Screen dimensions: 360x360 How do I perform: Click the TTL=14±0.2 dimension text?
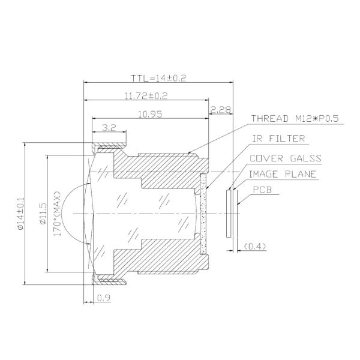coord(160,78)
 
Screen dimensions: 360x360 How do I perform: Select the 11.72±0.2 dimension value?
coord(145,95)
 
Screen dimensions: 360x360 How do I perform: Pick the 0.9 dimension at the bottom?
coord(104,298)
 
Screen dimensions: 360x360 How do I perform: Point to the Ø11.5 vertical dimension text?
coord(43,214)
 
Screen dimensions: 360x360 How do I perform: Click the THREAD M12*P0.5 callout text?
coord(295,119)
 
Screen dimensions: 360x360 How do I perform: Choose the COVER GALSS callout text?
coord(286,159)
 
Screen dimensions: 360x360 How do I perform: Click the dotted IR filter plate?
coord(203,213)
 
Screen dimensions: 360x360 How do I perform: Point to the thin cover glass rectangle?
coord(229,213)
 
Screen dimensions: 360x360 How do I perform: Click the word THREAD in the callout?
coord(268,119)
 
